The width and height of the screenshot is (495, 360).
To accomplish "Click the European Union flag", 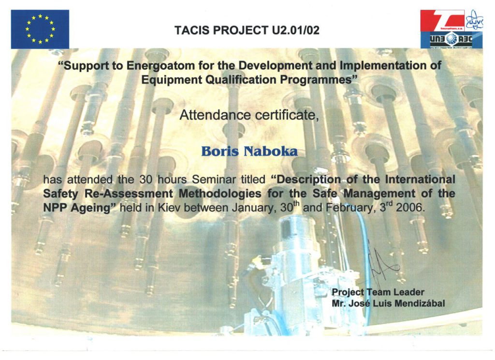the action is point(40,29).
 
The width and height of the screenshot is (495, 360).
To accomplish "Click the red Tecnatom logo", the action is point(442,20).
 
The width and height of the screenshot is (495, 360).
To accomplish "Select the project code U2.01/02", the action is point(295,30).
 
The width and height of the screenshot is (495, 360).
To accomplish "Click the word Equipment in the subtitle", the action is point(172,80).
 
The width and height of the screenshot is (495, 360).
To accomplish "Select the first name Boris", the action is point(220,151).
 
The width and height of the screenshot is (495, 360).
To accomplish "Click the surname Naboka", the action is point(271,151).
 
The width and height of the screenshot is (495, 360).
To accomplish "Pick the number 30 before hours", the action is point(146,180).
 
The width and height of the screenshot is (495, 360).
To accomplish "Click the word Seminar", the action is point(214,180).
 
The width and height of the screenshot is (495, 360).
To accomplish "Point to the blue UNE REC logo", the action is point(451,40).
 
